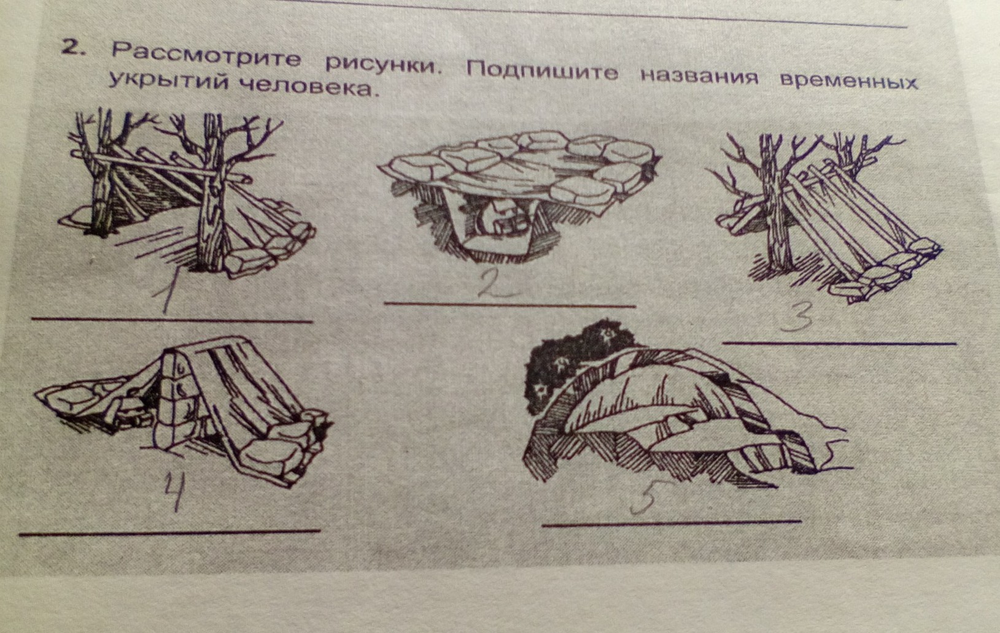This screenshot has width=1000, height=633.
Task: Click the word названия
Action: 700,76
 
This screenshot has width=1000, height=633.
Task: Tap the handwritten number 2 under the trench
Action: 495,284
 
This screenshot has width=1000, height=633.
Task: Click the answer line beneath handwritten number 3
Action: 839,343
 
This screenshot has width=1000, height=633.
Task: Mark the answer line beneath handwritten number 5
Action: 672,523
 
